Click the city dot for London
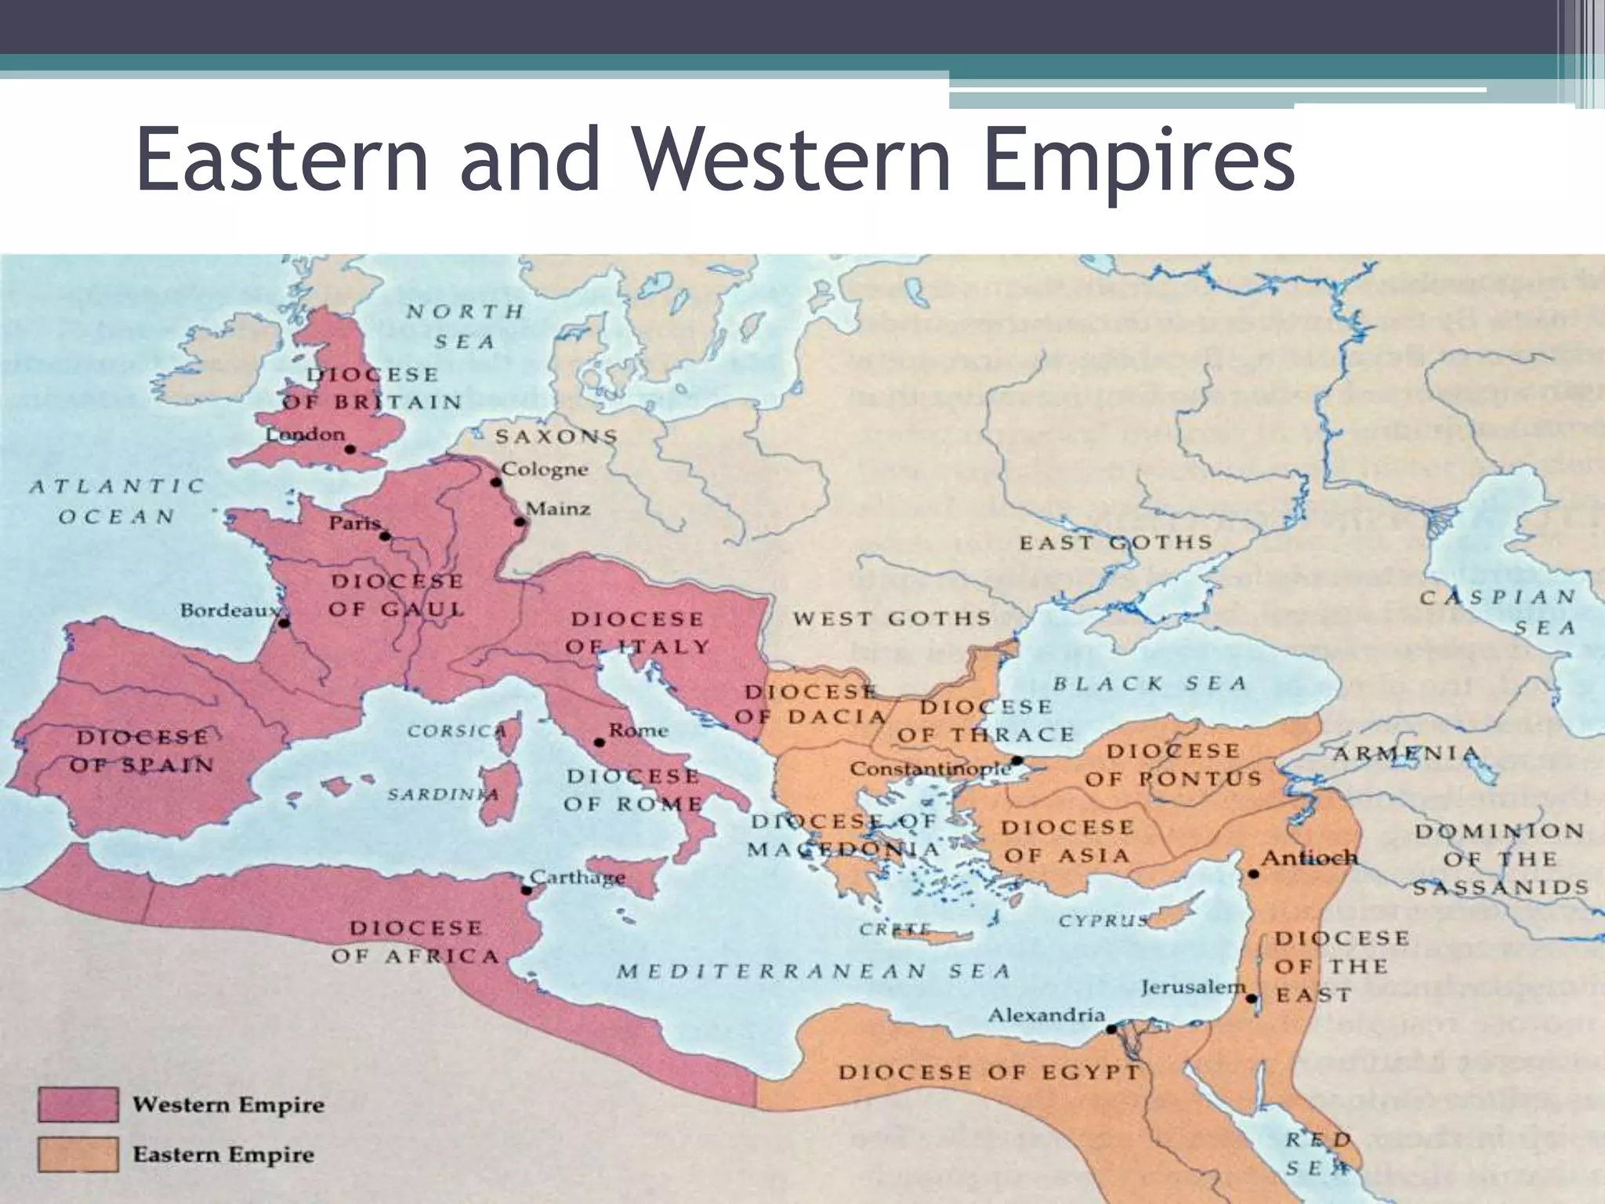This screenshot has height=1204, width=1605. pos(350,449)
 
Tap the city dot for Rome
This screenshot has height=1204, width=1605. pos(600,742)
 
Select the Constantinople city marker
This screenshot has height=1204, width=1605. pos(1016,760)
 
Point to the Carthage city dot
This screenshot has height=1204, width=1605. pos(527,890)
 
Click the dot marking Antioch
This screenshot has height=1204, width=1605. pos(1253,873)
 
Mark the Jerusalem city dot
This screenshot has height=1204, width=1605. pos(1252,999)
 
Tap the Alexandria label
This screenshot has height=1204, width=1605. pos(1045,1016)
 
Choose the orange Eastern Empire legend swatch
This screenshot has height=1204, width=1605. pos(78,1155)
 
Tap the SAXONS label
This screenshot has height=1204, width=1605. pos(556,437)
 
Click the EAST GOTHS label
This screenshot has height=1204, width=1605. pos(1115,542)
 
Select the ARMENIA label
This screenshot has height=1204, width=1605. pos(1406,754)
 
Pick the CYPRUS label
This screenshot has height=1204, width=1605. pos(1103,921)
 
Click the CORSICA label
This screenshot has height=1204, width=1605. pos(456,731)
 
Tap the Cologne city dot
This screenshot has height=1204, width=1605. pos(495,482)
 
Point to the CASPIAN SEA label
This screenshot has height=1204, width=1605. pos(1498,611)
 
